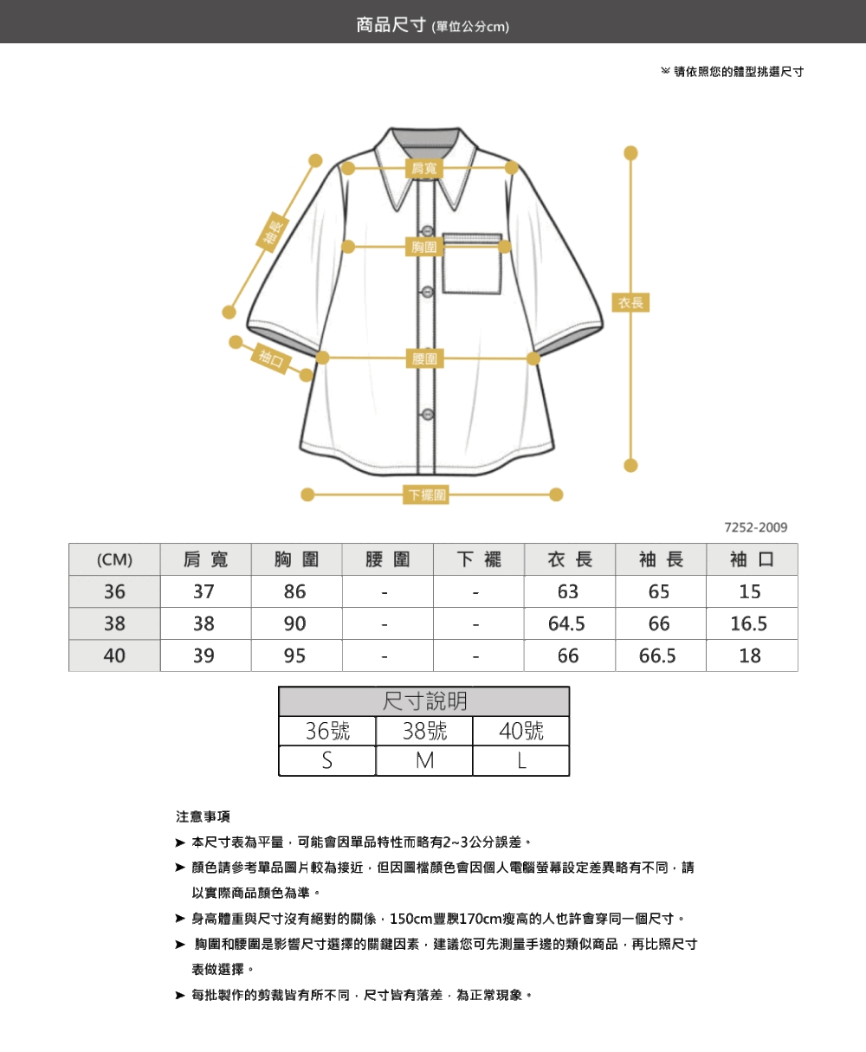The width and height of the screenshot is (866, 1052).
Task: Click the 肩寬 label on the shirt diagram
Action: coord(423,168)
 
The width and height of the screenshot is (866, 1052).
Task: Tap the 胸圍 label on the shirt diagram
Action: coord(424,247)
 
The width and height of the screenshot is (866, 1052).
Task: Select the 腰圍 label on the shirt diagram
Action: coord(424,358)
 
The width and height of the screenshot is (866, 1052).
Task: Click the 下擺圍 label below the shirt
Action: coord(425,494)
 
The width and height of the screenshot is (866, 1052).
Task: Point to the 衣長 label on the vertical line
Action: coord(630,303)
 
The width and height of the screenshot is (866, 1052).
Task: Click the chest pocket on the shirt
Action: coord(472,263)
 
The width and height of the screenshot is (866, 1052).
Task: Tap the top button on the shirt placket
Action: coord(428,231)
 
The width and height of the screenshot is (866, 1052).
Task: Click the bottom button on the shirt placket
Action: coord(428,415)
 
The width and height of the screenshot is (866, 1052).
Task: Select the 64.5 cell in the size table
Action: coord(566,623)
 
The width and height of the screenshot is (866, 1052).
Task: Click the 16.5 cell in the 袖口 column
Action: coord(749,623)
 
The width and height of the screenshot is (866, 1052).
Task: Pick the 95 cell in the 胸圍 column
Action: coord(294,655)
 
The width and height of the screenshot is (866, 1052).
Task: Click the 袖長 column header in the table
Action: coord(661,559)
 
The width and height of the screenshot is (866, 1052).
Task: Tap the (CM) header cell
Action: coord(114,559)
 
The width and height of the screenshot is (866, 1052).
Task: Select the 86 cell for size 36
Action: coord(294,591)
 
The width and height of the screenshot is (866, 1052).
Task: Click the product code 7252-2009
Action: coord(756,527)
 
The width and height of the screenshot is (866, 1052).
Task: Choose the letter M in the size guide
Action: coord(424,761)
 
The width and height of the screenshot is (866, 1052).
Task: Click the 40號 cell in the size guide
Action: coord(520,731)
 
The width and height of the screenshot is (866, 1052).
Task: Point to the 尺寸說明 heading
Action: coord(424,701)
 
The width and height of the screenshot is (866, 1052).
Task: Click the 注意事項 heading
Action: coord(203,816)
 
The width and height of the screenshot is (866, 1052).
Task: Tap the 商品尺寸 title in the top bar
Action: coord(391,25)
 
